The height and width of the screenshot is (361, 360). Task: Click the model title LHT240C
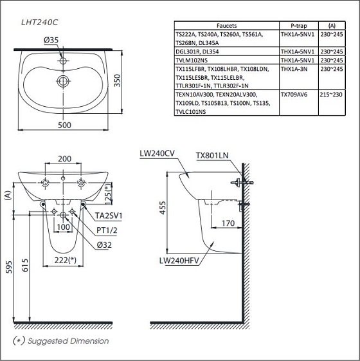40,23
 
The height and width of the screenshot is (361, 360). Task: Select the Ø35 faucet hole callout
51,40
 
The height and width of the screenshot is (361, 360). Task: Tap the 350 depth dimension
117,80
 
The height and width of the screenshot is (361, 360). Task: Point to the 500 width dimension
64,125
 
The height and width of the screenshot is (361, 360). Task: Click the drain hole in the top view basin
63,81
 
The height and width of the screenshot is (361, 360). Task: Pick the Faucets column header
226,26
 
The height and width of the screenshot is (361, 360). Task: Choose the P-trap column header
298,26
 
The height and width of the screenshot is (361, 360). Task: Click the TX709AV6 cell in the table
294,95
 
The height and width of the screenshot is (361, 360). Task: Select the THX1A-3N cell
294,69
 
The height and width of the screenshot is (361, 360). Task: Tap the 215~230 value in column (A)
331,95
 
